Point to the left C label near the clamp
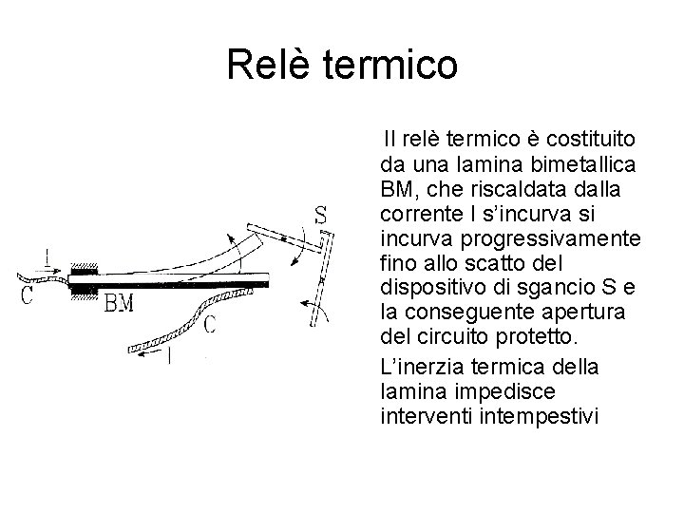pos(27,294)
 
